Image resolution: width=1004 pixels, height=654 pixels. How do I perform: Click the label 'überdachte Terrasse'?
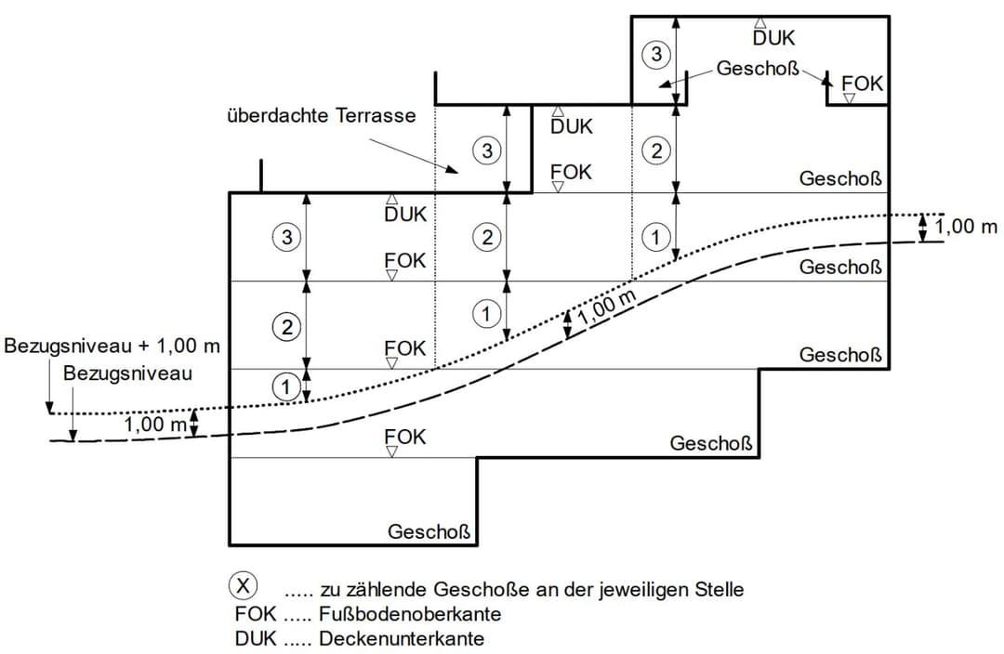(x=320, y=117)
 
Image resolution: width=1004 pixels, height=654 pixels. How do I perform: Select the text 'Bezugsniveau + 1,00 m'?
(x=112, y=347)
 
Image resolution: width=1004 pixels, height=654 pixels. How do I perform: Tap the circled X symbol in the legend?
(x=244, y=586)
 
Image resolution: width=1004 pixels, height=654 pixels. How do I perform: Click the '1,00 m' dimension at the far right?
(x=966, y=227)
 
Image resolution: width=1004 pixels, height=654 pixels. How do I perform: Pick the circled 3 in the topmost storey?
(x=656, y=55)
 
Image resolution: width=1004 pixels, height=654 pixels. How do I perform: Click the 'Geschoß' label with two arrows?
(x=757, y=70)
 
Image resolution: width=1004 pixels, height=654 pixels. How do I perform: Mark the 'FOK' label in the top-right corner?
(x=861, y=84)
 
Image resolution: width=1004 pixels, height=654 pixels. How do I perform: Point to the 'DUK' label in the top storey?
(x=773, y=38)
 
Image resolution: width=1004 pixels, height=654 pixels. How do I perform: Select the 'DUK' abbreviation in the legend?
(x=255, y=638)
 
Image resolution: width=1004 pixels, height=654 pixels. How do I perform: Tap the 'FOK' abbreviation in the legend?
(x=255, y=614)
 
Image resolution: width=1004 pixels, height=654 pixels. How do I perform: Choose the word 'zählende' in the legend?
(x=378, y=589)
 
